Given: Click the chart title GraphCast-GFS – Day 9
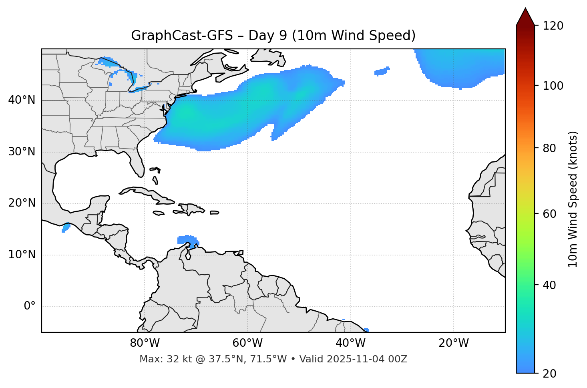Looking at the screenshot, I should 273,36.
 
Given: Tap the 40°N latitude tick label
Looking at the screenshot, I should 22,100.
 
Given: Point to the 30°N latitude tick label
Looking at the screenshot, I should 22,152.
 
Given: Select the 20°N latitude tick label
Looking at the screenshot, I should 22,203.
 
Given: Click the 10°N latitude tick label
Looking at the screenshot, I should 22,255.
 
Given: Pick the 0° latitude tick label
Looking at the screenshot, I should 30,306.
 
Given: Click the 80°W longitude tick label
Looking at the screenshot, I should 145,343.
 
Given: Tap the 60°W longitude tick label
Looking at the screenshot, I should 247,343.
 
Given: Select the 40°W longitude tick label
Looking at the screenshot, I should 350,343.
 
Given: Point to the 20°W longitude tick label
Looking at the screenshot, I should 453,343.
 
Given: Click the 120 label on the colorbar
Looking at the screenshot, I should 553,26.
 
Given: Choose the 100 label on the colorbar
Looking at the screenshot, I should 553,86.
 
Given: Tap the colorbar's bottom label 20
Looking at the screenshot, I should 549,373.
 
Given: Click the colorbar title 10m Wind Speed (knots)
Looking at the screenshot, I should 573,199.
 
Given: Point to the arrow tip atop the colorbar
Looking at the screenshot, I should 525,9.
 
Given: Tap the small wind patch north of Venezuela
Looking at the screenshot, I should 187,241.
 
